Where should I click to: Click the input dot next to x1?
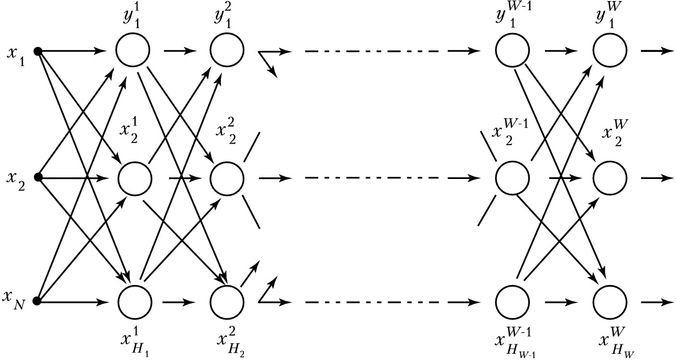click(37, 51)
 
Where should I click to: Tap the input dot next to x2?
click(37, 177)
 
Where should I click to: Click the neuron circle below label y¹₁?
click(134, 51)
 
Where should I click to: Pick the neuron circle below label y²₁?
click(227, 51)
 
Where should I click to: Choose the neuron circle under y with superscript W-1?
click(512, 51)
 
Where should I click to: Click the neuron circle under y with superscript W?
click(609, 51)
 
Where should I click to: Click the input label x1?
click(15, 53)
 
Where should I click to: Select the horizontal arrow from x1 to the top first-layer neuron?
click(73, 51)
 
